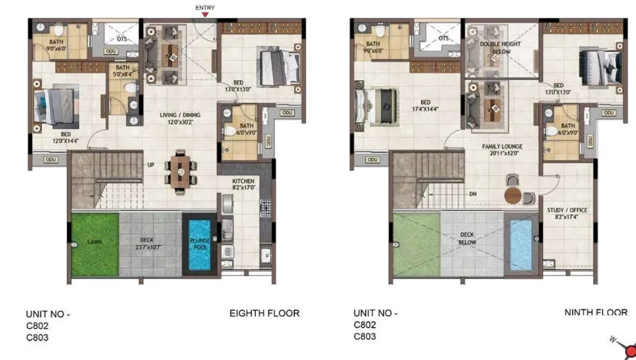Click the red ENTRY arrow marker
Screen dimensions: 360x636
pyautogui.click(x=205, y=16)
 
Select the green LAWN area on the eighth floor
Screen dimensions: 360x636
pyautogui.click(x=95, y=244)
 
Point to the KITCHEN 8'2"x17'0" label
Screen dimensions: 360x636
pyautogui.click(x=243, y=184)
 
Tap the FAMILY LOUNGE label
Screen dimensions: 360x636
pyautogui.click(x=501, y=150)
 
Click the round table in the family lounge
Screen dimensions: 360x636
pyautogui.click(x=513, y=196)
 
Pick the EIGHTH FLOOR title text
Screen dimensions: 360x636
pyautogui.click(x=264, y=314)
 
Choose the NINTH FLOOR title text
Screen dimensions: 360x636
pyautogui.click(x=595, y=313)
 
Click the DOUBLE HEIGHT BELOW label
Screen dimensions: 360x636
pyautogui.click(x=500, y=47)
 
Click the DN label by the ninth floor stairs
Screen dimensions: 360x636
pyautogui.click(x=473, y=194)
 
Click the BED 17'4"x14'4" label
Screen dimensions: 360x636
pyautogui.click(x=425, y=105)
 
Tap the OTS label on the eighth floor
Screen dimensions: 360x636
pyautogui.click(x=122, y=39)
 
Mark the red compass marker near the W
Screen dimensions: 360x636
pyautogui.click(x=630, y=351)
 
